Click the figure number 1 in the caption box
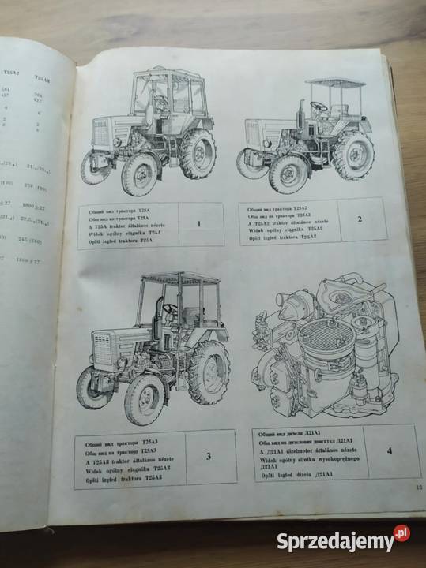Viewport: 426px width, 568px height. click(x=198, y=223)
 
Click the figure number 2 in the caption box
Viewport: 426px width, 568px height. click(x=358, y=218)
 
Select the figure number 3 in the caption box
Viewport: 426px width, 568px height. click(x=207, y=455)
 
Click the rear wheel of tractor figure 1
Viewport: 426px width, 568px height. click(x=197, y=154)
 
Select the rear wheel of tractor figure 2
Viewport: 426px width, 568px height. click(x=353, y=155)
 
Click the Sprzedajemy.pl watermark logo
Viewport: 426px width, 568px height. click(x=343, y=541)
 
